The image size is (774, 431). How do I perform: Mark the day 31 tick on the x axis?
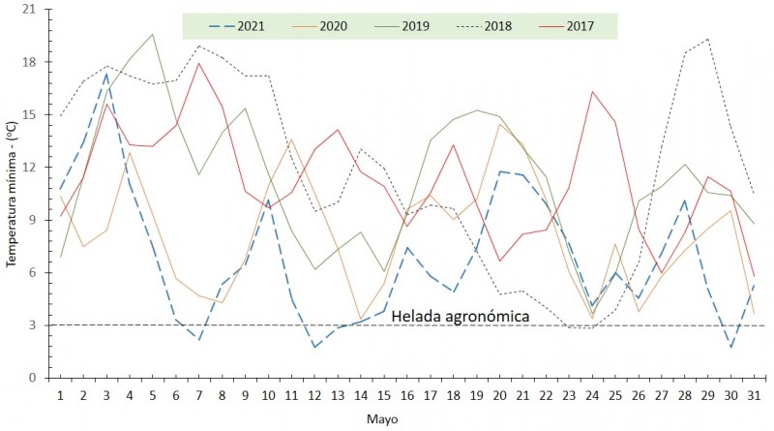(x=755, y=395)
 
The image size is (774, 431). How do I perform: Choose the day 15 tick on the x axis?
(x=384, y=395)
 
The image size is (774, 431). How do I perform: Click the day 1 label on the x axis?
(x=60, y=395)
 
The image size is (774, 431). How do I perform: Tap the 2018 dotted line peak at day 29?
(x=708, y=39)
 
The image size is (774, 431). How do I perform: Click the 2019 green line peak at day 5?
(x=153, y=34)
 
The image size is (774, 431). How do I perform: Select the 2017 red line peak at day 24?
(x=592, y=92)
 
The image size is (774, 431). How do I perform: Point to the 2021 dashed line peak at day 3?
(x=106, y=73)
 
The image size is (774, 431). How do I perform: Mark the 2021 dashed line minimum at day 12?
(x=315, y=347)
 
